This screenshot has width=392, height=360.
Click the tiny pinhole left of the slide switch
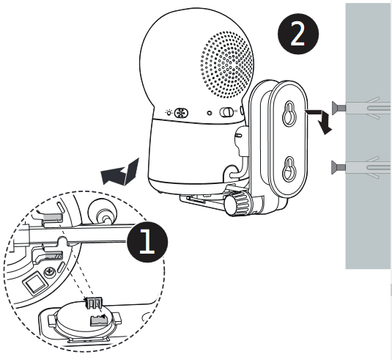coord(210,113)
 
